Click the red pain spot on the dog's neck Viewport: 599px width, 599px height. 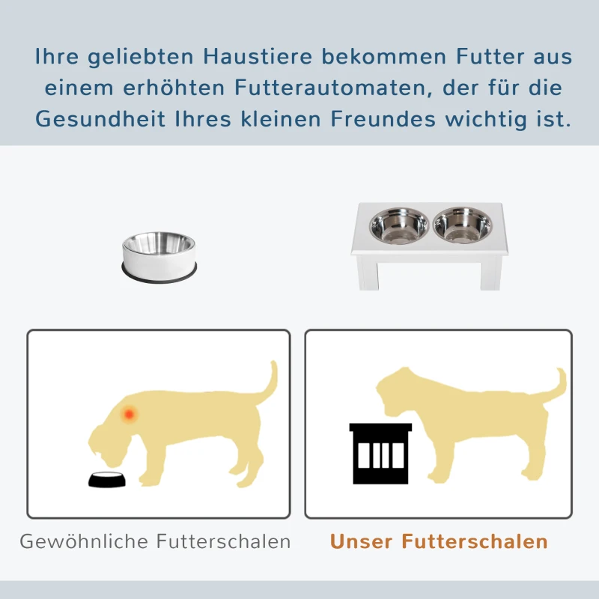130,413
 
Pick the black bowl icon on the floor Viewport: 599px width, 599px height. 106,480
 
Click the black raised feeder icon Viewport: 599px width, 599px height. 380,453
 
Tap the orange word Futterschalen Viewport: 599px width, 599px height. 475,541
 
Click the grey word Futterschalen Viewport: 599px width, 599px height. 224,541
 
